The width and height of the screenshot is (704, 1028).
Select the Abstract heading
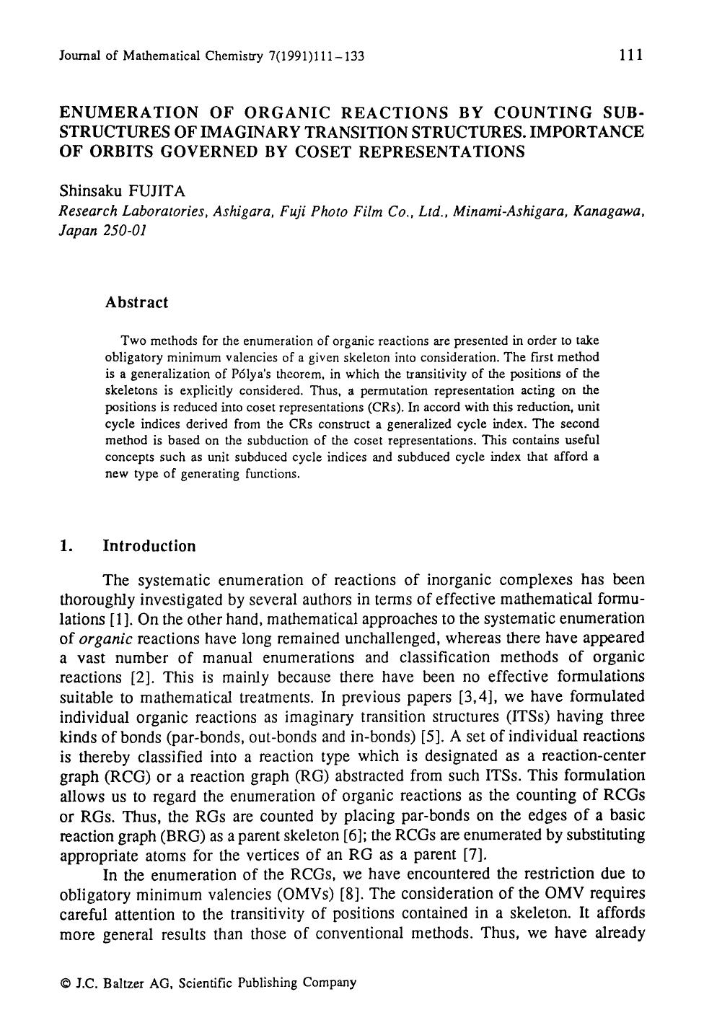(x=136, y=303)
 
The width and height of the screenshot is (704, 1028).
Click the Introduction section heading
(x=149, y=546)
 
